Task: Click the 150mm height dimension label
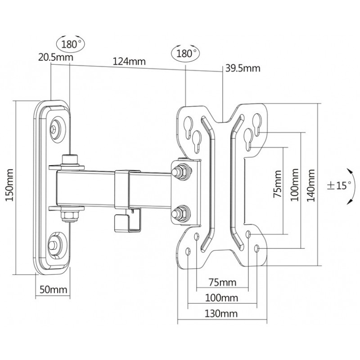point(9,185)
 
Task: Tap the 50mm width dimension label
point(54,289)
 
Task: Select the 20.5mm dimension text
point(55,57)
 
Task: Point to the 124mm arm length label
point(129,61)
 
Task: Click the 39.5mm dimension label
point(243,68)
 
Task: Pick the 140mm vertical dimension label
point(311,185)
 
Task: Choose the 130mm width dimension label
point(221,313)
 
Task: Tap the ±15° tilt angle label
point(339,185)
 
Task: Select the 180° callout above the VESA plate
point(185,53)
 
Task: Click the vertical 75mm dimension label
point(277,184)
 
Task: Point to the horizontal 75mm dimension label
point(222,282)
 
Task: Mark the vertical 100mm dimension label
point(295,185)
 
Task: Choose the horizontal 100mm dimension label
point(221,298)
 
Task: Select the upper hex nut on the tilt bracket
point(181,171)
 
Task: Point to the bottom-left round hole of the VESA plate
point(188,251)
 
